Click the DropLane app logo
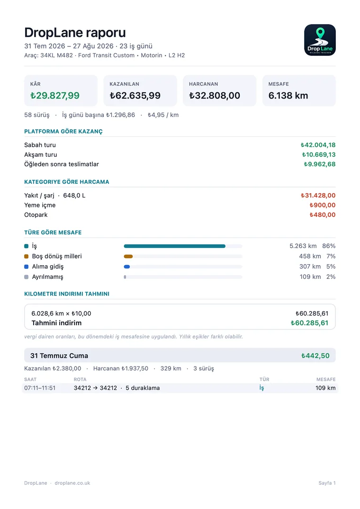(x=320, y=40)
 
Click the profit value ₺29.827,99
(x=55, y=96)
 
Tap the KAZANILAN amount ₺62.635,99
(x=135, y=96)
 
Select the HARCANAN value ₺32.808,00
(x=215, y=96)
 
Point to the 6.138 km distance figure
(x=288, y=96)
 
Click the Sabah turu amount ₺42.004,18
(x=318, y=145)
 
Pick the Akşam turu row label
(x=41, y=154)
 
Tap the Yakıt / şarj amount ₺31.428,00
(x=318, y=196)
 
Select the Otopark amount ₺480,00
(x=323, y=214)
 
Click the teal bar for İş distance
(x=175, y=246)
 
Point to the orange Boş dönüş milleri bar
(x=128, y=257)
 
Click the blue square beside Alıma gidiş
(x=27, y=267)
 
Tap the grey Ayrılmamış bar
(x=125, y=277)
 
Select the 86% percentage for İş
(x=329, y=246)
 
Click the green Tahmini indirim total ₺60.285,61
(x=309, y=323)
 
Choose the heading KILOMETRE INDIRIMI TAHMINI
(x=67, y=294)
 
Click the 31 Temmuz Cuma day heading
(x=59, y=356)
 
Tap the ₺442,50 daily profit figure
(x=315, y=356)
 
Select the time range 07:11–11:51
(x=40, y=388)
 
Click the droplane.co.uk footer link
(x=72, y=483)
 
